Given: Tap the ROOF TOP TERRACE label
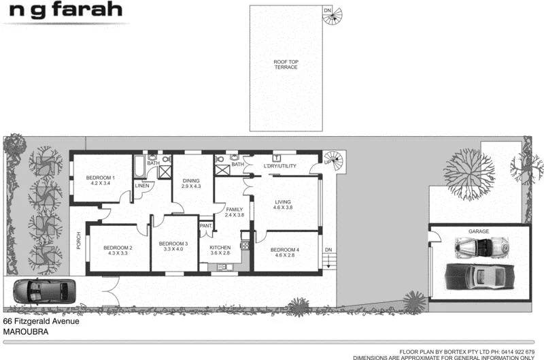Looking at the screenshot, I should [286, 64].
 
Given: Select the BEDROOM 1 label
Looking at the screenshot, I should [100, 178].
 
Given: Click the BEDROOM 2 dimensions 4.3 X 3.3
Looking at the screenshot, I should [117, 253].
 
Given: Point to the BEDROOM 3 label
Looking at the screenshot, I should [173, 244].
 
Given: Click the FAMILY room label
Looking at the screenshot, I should [235, 209].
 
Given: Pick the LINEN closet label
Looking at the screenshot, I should [142, 186].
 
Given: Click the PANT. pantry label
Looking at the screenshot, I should [205, 226].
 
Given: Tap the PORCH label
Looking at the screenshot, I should [79, 240].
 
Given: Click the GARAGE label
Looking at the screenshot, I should [479, 232].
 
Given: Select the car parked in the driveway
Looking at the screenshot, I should [41, 291].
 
